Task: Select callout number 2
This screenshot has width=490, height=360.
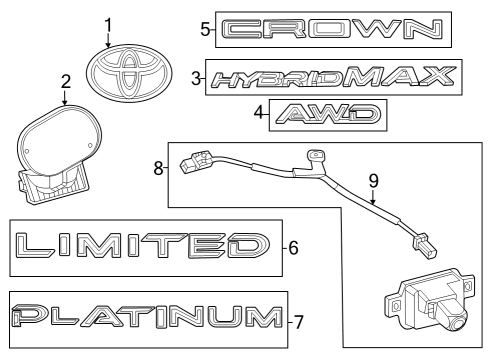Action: (x=65, y=82)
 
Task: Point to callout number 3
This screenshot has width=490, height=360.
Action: (x=197, y=76)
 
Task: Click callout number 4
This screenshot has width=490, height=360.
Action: (x=259, y=114)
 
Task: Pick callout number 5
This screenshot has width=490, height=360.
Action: (x=205, y=29)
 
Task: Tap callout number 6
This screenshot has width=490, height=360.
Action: (x=293, y=246)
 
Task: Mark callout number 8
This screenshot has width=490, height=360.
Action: (x=158, y=170)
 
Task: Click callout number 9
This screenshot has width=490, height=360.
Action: (x=373, y=181)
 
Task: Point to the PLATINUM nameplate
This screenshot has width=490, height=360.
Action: (x=145, y=320)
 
